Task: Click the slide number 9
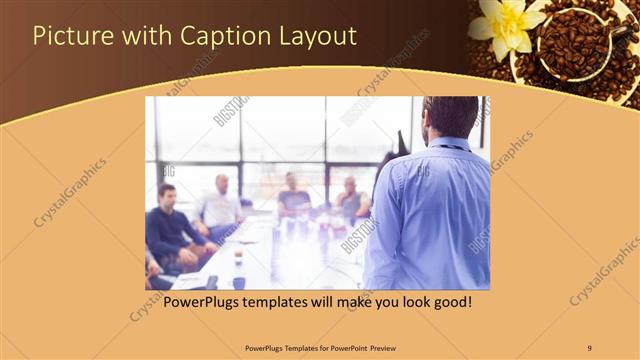590,347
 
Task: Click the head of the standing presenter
450,117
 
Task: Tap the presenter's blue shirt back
430,215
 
